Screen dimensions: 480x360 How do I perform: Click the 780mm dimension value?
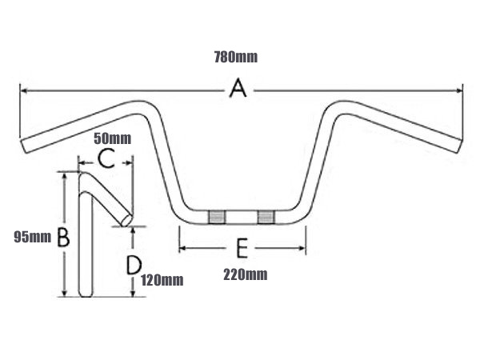coord(236,58)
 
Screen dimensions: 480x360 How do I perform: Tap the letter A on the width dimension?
coord(238,88)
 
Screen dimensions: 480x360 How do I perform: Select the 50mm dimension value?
coord(112,138)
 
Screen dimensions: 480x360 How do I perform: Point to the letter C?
coord(106,158)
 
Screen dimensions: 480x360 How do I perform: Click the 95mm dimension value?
coord(33,237)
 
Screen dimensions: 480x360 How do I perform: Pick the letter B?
coord(64,238)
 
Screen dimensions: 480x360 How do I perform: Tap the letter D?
coord(134,265)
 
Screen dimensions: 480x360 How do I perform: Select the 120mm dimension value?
coord(162,280)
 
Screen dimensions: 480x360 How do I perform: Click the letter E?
coord(242,248)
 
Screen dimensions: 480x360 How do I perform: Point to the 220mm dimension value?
coord(246,274)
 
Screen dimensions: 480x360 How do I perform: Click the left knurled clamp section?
coord(217,217)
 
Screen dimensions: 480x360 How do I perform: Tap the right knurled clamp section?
coord(266,217)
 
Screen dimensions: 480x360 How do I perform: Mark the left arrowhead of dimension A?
coord(24,90)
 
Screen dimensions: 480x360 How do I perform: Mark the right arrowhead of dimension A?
coord(459,90)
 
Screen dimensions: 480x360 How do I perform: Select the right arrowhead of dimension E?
coord(302,248)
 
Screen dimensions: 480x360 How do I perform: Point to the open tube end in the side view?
coord(126,220)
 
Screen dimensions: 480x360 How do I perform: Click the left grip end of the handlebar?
coord(25,146)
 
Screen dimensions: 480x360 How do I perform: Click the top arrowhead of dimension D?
coord(133,230)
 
